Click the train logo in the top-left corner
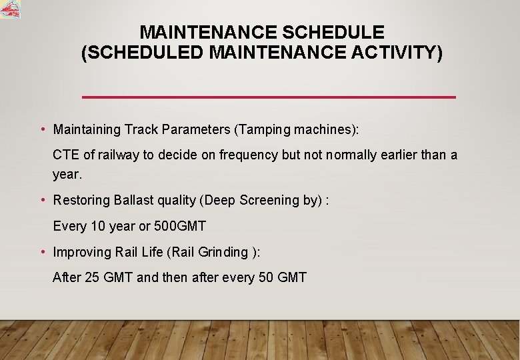(10, 9)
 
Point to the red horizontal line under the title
(268, 97)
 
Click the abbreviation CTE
(66, 155)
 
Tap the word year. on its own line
(67, 175)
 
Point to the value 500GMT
(179, 226)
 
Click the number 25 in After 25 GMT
(92, 277)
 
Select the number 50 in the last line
(265, 277)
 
